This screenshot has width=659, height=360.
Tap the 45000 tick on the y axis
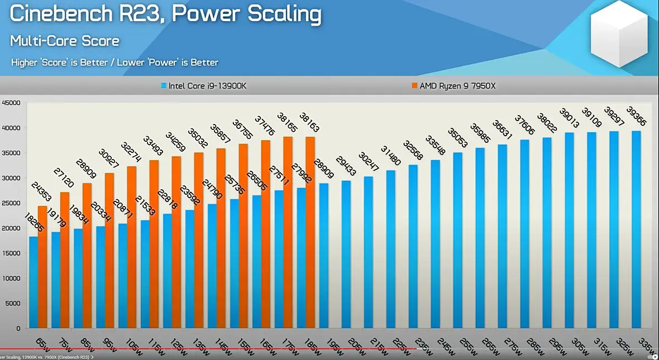point(11,103)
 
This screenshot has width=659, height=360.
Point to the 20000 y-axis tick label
point(11,228)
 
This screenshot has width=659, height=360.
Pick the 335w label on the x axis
point(644,341)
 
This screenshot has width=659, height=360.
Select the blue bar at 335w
point(636,229)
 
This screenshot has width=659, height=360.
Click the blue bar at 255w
point(457,240)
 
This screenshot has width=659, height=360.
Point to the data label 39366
point(636,118)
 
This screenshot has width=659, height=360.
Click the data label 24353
point(42,193)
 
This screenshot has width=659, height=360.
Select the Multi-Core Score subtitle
point(65,41)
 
